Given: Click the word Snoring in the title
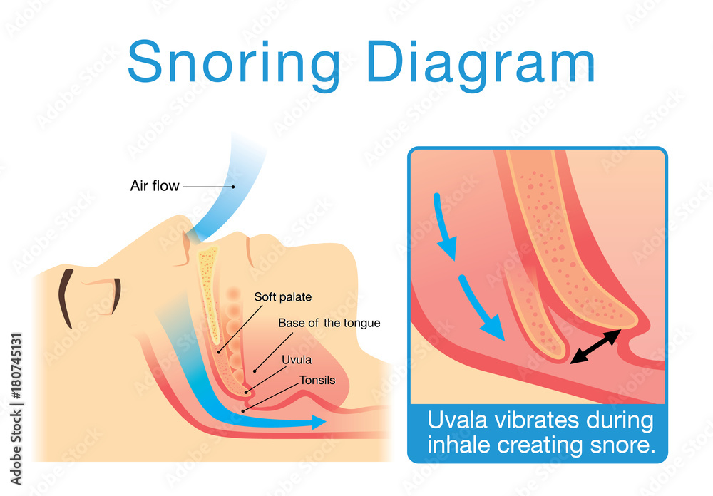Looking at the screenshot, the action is [234, 61].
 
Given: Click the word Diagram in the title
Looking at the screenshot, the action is [481, 61].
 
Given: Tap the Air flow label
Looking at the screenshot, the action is [155, 186].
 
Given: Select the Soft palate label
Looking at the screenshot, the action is [283, 297].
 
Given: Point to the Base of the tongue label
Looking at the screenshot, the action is [329, 323].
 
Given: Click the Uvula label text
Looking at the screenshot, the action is [297, 360].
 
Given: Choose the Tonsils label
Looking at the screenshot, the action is [317, 380].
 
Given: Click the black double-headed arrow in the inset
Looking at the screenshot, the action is [595, 347].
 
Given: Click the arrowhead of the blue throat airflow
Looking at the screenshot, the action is [319, 422].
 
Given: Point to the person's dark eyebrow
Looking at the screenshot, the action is [65, 298].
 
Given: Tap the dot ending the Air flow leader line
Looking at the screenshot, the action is [233, 187].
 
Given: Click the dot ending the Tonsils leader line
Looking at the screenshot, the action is [243, 411].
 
